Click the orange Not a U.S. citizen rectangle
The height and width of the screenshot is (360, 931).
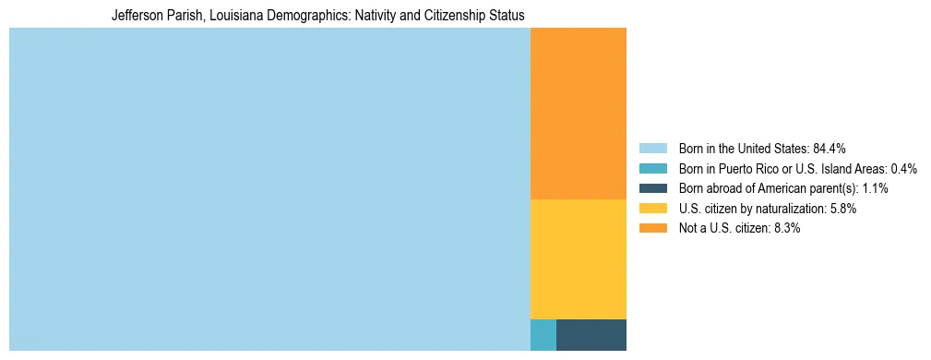[x=578, y=114]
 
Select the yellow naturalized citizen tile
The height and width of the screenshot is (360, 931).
[x=578, y=258]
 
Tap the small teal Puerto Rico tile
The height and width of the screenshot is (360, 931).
[x=543, y=334]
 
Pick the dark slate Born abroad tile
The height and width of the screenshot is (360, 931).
[x=591, y=334]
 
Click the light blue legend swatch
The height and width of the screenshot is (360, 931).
[x=652, y=148]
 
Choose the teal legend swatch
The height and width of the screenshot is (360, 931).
[x=652, y=168]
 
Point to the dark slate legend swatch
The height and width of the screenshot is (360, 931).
[x=652, y=188]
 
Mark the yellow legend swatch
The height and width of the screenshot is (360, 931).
[x=652, y=209]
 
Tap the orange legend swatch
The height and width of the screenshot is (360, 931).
[x=652, y=228]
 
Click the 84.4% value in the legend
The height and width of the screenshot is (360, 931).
[x=830, y=148]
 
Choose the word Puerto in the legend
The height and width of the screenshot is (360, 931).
[x=745, y=168]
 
